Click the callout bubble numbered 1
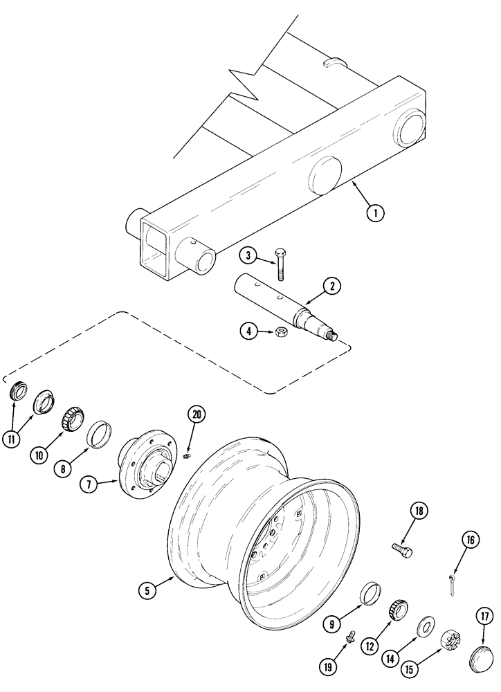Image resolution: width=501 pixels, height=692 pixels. click(x=375, y=212)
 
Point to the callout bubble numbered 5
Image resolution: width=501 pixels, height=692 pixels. click(x=147, y=590)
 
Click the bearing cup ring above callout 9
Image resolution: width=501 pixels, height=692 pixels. click(x=372, y=594)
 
